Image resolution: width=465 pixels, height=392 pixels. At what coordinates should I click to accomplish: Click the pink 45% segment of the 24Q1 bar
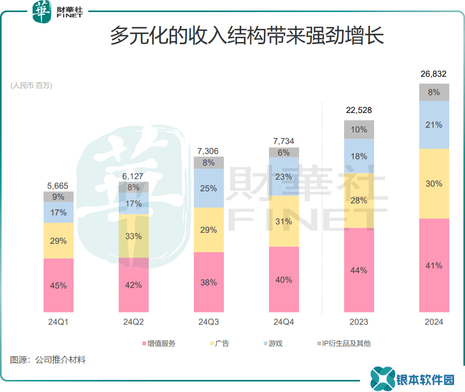pyautogui.click(x=58, y=285)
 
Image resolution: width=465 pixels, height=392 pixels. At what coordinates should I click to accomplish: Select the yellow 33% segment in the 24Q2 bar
pyautogui.click(x=133, y=236)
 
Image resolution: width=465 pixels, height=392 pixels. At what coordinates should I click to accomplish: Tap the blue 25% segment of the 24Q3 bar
pyautogui.click(x=209, y=188)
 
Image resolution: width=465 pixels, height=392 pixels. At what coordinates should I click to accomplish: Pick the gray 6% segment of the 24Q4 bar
pyautogui.click(x=284, y=152)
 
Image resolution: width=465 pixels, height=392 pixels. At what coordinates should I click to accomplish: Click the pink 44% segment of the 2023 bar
pyautogui.click(x=359, y=270)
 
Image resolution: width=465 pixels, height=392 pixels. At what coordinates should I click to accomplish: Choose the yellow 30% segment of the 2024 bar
pyautogui.click(x=434, y=184)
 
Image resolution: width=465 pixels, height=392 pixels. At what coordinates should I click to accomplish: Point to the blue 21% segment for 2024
pyautogui.click(x=434, y=125)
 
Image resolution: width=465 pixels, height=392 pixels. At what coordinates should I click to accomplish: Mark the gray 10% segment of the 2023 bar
pyautogui.click(x=359, y=129)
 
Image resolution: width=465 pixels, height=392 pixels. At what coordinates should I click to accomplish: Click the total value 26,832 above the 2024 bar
pyautogui.click(x=433, y=74)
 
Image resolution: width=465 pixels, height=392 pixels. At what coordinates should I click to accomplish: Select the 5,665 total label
pyautogui.click(x=58, y=185)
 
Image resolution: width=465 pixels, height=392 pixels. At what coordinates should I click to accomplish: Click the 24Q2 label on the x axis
pyautogui.click(x=133, y=322)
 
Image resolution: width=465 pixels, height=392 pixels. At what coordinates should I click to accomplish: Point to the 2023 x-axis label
pyautogui.click(x=359, y=322)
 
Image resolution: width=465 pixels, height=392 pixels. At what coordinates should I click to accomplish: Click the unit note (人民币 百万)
pyautogui.click(x=32, y=86)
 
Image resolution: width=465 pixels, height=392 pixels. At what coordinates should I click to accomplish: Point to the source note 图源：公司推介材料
pyautogui.click(x=48, y=360)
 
